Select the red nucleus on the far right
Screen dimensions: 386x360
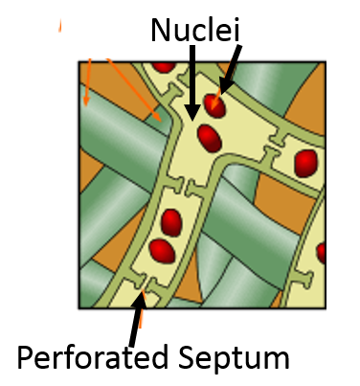[307, 161]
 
